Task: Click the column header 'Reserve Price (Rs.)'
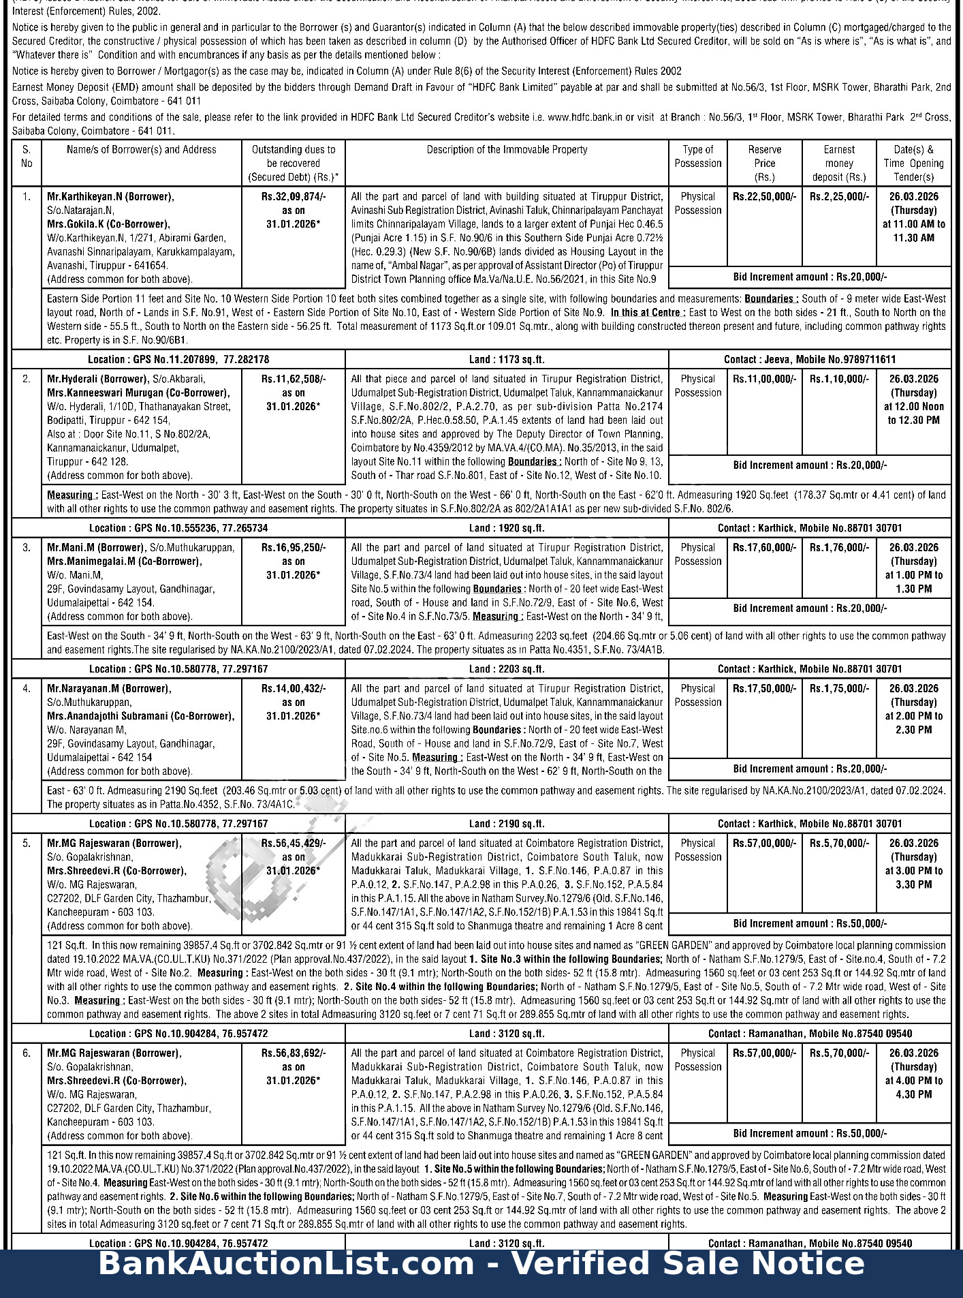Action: pos(764,163)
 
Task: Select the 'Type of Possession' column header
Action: pos(697,156)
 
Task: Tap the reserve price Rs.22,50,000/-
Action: pos(764,196)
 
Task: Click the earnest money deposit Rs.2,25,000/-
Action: pos(839,196)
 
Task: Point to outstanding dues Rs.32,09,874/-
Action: pos(294,196)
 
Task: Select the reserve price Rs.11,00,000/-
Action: pos(764,379)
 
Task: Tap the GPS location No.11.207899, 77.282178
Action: pos(178,359)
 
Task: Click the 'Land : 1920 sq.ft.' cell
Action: pos(507,527)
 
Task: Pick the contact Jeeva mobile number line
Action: pos(810,359)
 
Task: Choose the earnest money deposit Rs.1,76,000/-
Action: pos(839,547)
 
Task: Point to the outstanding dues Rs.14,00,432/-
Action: pos(294,688)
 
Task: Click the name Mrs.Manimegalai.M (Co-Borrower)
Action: pos(124,561)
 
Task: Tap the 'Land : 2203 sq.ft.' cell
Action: pos(507,668)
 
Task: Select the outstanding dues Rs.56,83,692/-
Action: pos(294,1053)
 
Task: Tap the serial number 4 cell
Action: pos(27,688)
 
